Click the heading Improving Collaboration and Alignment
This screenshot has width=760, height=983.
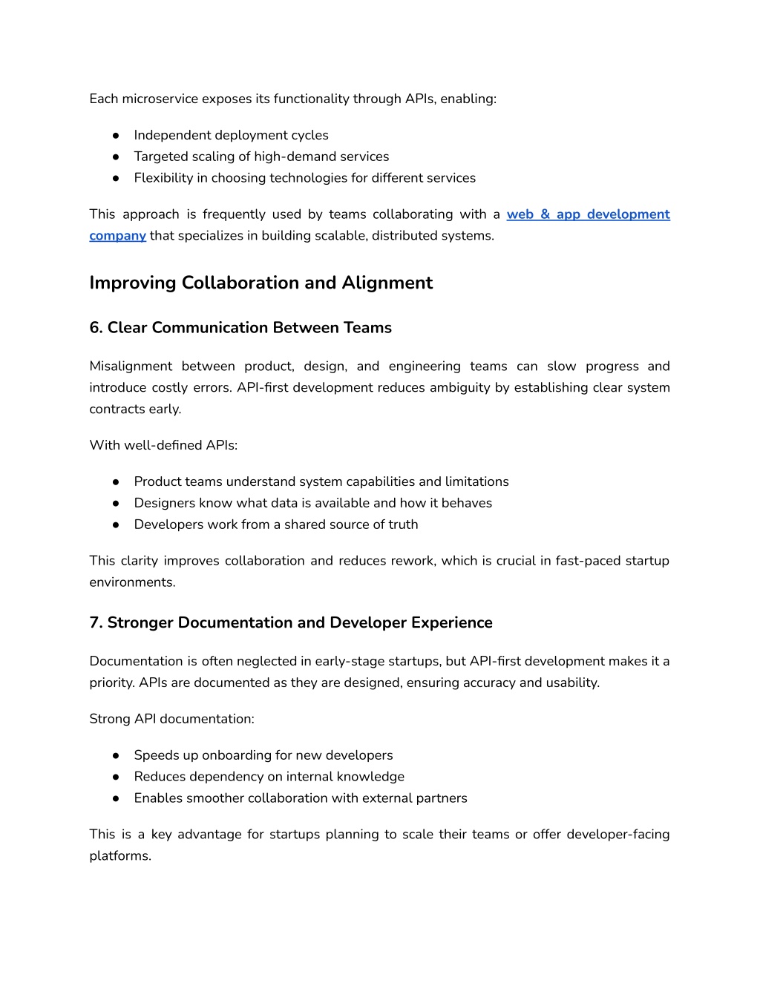[x=261, y=283]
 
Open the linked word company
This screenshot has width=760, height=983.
[x=117, y=236]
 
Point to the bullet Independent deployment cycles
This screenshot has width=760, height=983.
[x=231, y=135]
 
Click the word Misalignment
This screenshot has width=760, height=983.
[x=131, y=366]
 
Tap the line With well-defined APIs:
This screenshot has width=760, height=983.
[x=163, y=445]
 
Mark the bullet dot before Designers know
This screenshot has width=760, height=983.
[x=117, y=503]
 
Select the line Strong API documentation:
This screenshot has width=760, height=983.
[x=171, y=719]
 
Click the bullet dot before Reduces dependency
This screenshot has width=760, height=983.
[x=117, y=777]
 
